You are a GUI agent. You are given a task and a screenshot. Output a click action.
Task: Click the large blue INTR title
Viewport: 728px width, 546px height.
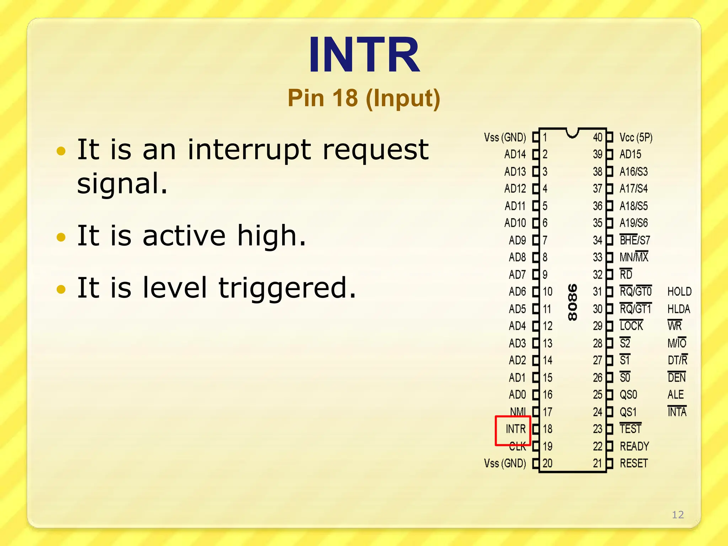(x=364, y=55)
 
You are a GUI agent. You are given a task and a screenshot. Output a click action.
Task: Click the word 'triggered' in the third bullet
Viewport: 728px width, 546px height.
(x=287, y=288)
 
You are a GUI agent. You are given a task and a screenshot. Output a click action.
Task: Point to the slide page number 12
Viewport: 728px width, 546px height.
(x=678, y=515)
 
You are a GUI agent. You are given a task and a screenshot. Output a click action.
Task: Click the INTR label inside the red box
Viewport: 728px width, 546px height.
(x=515, y=429)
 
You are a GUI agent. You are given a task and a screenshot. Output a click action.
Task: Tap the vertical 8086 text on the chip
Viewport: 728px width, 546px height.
(x=572, y=302)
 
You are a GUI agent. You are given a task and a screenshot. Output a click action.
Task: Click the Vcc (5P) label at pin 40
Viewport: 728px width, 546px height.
(x=636, y=138)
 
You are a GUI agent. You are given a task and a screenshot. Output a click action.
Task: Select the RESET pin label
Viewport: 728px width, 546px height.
(x=634, y=463)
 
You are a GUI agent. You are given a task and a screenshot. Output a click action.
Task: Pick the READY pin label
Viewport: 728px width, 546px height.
(x=634, y=446)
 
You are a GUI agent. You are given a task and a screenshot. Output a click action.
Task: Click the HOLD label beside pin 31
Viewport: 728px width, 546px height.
(x=679, y=292)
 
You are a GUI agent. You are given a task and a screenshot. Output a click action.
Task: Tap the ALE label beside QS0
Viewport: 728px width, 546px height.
(x=675, y=395)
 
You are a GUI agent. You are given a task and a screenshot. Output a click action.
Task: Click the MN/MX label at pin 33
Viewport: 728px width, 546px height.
(x=634, y=257)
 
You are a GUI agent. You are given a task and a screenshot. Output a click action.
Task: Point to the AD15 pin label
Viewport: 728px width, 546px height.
(x=630, y=154)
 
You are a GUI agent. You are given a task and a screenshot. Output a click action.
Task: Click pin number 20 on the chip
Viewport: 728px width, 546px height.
(x=547, y=463)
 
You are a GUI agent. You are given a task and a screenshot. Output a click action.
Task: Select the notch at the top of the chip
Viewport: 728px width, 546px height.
(x=572, y=133)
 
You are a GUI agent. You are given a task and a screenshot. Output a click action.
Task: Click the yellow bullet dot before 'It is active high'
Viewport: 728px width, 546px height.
(x=61, y=237)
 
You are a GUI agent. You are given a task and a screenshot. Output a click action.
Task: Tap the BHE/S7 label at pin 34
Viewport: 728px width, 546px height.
(x=635, y=240)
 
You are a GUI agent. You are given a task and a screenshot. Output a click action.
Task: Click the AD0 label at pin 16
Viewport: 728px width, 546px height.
(x=517, y=395)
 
